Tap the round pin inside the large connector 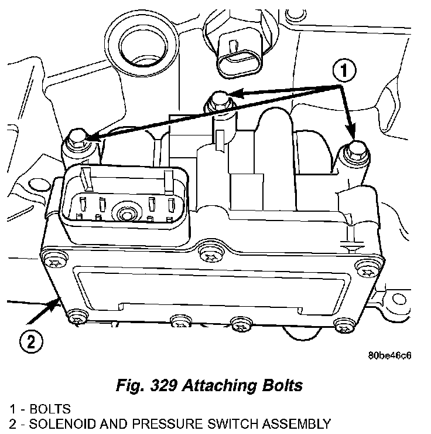(125, 212)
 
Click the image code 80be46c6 (390, 355)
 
